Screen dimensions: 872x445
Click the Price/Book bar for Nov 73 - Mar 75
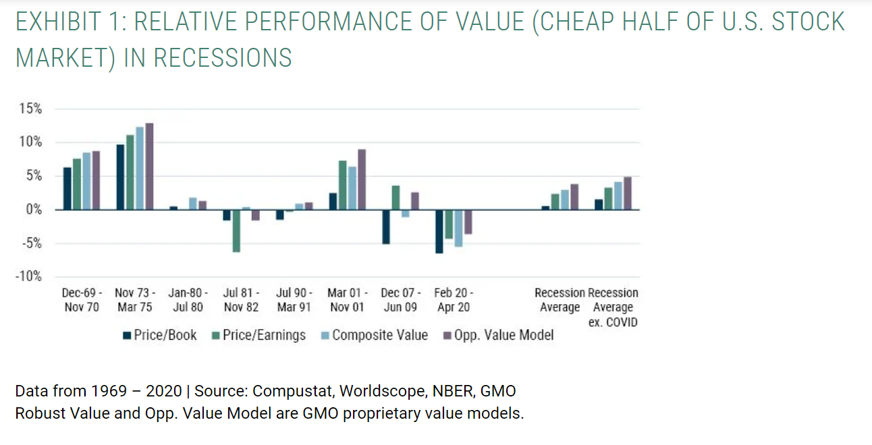[x=120, y=177]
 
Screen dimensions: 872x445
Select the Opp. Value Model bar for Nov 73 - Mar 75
[x=149, y=167]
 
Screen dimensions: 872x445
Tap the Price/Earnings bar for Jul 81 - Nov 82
[x=236, y=231]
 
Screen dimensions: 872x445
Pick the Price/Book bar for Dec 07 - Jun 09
[x=386, y=227]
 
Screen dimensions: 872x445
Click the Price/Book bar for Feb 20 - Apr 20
[x=439, y=231]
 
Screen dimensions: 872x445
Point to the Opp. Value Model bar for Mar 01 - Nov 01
[x=362, y=180]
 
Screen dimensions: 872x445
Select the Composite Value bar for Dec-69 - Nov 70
[x=86, y=181]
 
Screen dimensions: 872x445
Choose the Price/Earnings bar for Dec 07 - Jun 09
[x=396, y=198]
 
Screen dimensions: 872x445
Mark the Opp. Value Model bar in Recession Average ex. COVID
[x=628, y=194]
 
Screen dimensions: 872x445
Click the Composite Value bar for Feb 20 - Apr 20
[x=458, y=229]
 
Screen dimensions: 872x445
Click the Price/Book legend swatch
[x=127, y=335]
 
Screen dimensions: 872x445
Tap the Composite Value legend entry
[x=375, y=335]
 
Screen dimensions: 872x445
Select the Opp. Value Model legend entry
[x=499, y=335]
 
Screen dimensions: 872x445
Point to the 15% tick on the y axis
[x=30, y=109]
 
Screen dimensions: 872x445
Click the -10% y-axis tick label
[x=28, y=276]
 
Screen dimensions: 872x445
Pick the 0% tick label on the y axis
[x=34, y=210]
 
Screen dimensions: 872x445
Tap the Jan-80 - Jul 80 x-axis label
[x=188, y=300]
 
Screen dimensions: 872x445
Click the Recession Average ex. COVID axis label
[x=613, y=307]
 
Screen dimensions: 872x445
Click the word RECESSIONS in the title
[x=223, y=57]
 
